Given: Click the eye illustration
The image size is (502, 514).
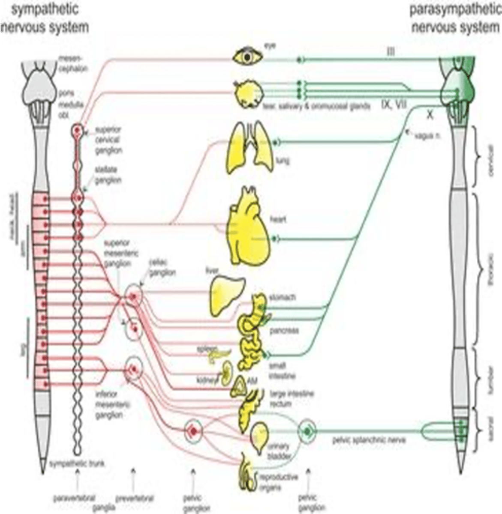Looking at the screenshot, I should pyautogui.click(x=247, y=57).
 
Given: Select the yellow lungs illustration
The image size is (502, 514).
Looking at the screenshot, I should pyautogui.click(x=248, y=148).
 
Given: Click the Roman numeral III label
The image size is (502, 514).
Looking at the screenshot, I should pyautogui.click(x=390, y=52).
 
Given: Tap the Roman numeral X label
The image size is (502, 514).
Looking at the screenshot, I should pyautogui.click(x=430, y=115).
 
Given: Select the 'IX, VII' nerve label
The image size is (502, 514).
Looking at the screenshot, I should pyautogui.click(x=393, y=104).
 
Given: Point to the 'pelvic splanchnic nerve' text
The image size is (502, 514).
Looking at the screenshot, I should pyautogui.click(x=369, y=440).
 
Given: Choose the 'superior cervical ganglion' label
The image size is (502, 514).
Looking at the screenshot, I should pyautogui.click(x=108, y=140).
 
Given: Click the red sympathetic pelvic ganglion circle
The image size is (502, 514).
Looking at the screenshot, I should pyautogui.click(x=193, y=431).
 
